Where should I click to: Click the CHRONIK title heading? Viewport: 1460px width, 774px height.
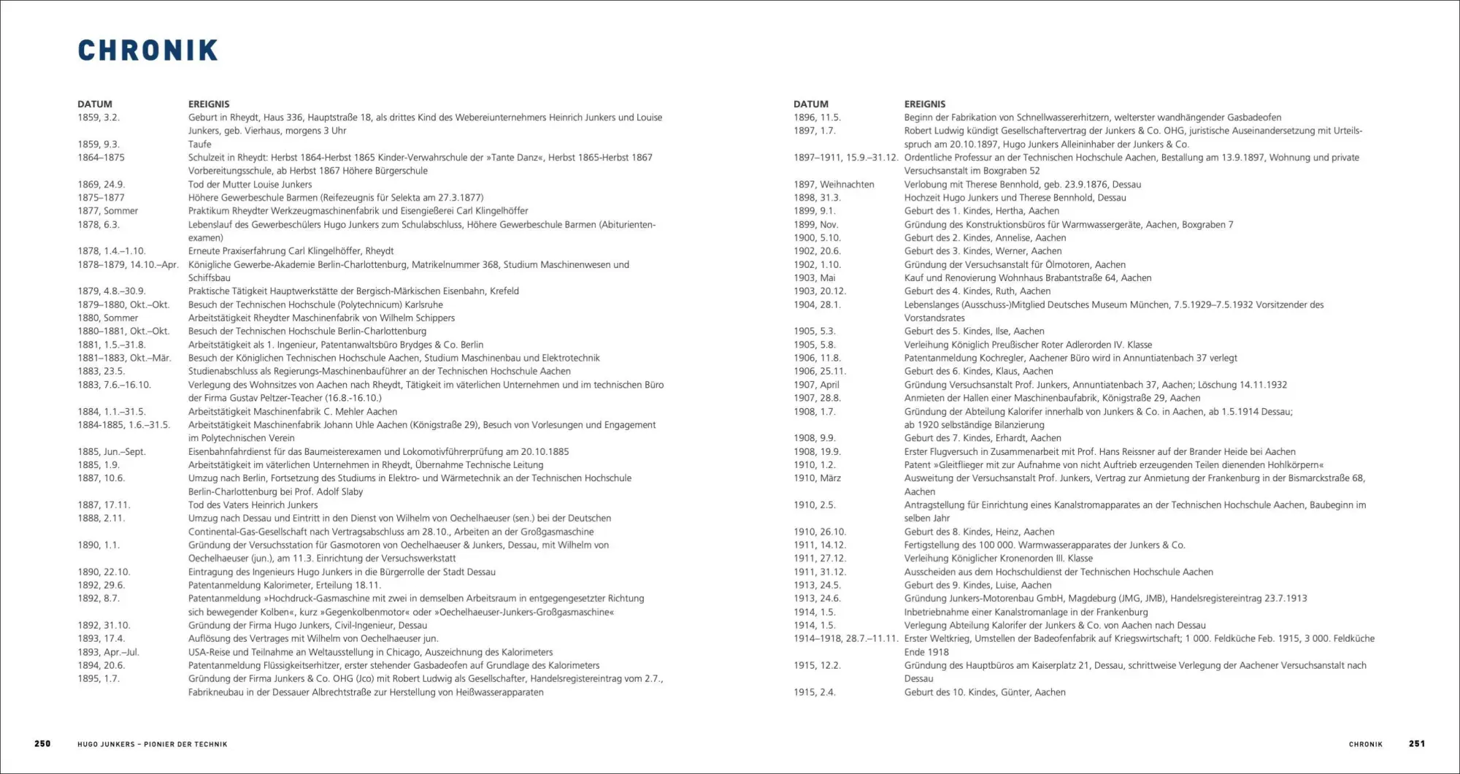point(148,50)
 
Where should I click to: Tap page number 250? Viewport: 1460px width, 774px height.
point(42,743)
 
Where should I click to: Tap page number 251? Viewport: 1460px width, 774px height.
point(1417,743)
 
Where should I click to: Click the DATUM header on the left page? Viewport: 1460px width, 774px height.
point(95,104)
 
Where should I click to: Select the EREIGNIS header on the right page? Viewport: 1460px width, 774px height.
point(924,104)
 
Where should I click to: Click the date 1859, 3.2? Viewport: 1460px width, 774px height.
point(99,118)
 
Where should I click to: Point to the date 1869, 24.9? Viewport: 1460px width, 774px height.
point(101,185)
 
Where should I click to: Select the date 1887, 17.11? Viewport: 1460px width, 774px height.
point(104,505)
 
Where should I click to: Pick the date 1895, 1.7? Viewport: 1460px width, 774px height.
point(99,678)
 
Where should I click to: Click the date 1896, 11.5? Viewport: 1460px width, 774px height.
point(817,118)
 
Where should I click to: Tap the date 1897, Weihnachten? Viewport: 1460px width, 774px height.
point(834,185)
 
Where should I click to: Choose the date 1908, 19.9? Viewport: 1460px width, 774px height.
point(817,451)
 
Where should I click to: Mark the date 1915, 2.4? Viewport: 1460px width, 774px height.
point(815,692)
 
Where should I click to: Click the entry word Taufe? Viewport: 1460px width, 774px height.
point(199,144)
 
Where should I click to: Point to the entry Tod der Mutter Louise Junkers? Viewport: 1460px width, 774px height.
point(250,185)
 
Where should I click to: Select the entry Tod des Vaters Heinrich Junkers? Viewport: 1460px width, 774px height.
point(253,505)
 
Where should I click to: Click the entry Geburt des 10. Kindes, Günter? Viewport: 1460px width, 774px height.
point(984,692)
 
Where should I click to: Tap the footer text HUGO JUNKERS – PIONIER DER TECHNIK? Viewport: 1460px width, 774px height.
point(153,744)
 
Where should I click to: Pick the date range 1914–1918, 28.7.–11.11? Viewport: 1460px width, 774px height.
point(845,638)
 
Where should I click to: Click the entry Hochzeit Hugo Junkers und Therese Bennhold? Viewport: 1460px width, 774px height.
point(1015,198)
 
